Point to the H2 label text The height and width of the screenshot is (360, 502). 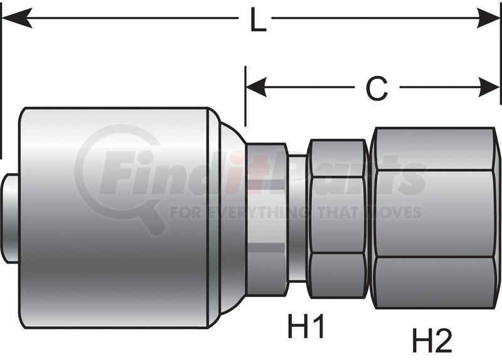point(432,341)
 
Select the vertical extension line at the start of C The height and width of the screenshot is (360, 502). point(245,94)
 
